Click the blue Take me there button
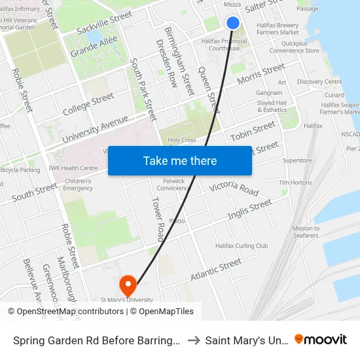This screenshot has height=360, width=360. coord(180,160)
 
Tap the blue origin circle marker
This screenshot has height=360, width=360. coord(233,23)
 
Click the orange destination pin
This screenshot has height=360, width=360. coord(128,285)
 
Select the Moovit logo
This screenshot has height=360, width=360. coord(321,340)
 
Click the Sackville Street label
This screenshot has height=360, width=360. coord(104,23)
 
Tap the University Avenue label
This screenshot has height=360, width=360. coord(96,130)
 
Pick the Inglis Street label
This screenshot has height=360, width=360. coord(249,209)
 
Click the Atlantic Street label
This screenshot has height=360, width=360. coord(216,270)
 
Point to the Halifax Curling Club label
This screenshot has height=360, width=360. coord(242,246)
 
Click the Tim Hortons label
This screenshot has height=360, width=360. coord(295,183)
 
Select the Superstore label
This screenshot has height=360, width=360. coord(297,160)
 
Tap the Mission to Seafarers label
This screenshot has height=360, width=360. coord(306,232)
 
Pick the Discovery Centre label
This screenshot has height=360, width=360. coord(319,82)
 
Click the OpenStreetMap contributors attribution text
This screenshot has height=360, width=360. coord(70,312)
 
